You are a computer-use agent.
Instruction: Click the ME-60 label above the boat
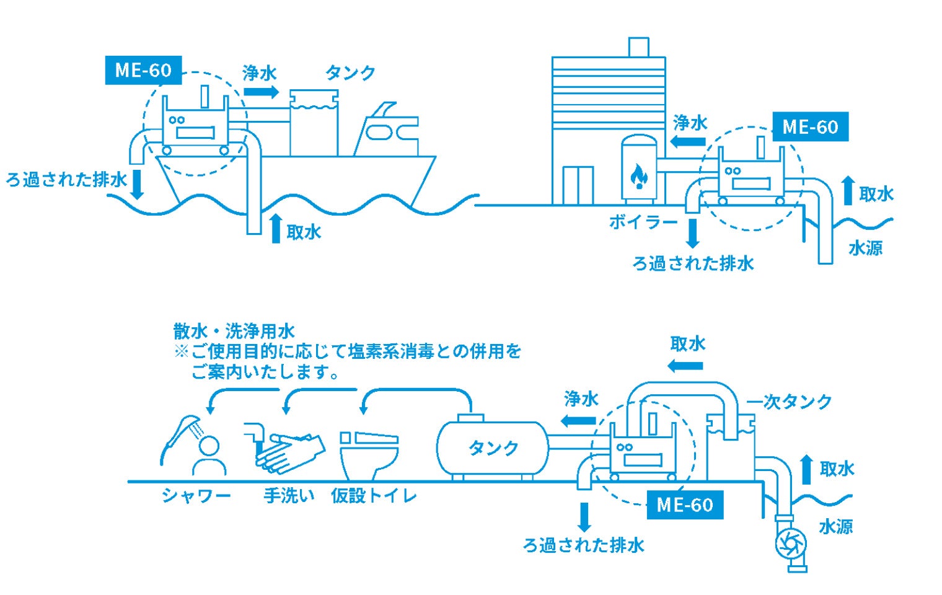tap(143, 70)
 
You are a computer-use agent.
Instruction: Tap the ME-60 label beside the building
tap(810, 127)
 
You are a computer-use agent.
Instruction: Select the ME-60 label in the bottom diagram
tap(684, 505)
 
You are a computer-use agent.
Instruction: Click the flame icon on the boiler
tap(638, 176)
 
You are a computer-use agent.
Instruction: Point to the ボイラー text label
tap(643, 221)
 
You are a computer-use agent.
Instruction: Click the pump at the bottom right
tap(791, 544)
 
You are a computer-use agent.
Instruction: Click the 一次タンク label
tap(789, 402)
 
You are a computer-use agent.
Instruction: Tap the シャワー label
tap(196, 496)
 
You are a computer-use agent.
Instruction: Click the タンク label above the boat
tap(350, 73)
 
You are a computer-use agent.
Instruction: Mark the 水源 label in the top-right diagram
tap(865, 249)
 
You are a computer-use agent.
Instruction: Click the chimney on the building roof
tap(638, 47)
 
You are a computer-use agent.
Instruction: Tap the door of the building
tap(578, 185)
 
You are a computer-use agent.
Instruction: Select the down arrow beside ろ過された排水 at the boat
tap(137, 184)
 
